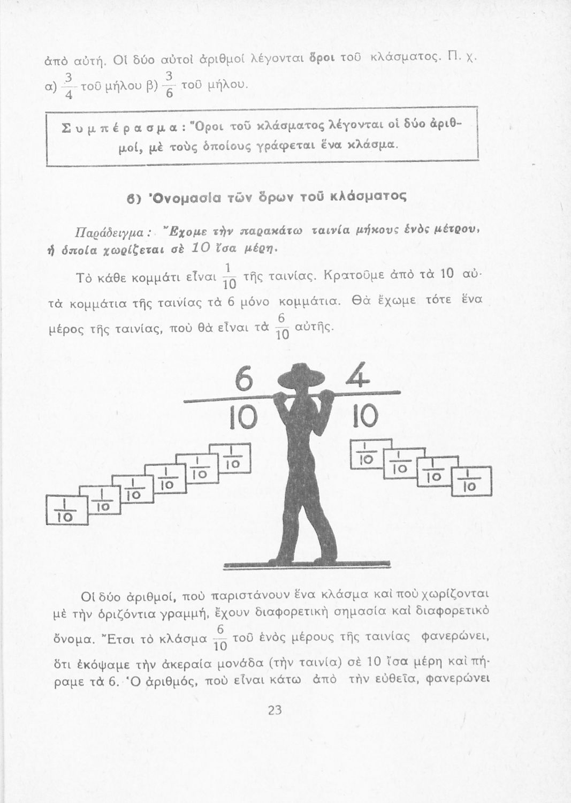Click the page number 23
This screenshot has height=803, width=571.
(275, 710)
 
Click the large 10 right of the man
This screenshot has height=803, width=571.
(366, 416)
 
